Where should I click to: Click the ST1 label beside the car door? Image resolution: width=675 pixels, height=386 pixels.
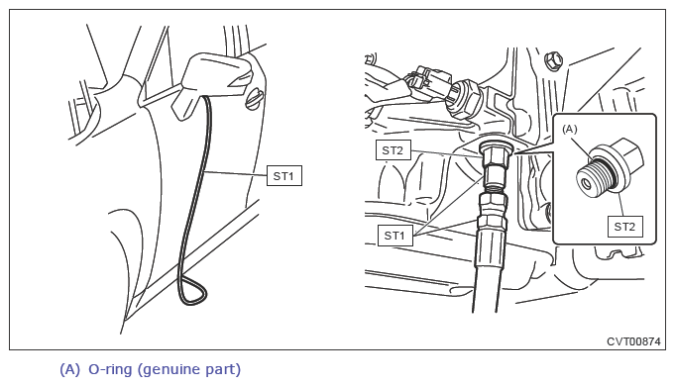284,176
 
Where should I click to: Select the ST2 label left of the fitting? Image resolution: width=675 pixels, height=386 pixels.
394,150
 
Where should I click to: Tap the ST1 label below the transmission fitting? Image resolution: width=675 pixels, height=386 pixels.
394,236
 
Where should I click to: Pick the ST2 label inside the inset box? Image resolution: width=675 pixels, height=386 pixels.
625,227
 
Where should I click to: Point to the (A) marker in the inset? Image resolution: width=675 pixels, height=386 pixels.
570,129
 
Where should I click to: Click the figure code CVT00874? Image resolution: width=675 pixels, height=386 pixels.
633,341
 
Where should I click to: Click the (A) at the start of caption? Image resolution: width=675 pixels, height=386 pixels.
69,369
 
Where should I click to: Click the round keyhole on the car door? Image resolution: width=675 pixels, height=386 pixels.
254,99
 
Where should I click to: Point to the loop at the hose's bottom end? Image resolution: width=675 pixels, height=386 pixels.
192,292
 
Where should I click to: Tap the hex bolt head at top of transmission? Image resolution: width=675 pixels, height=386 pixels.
554,60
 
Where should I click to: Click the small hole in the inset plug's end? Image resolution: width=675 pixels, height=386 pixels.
587,185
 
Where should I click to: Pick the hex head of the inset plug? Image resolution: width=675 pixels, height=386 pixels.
625,154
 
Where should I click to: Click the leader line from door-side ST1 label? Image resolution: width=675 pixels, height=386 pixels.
236,173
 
